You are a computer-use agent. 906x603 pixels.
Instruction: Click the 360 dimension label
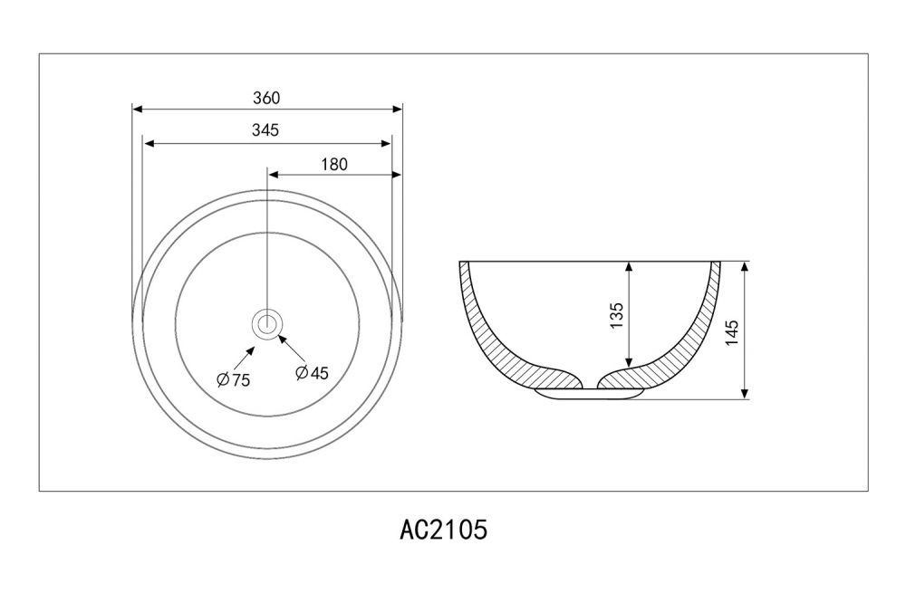coord(266,98)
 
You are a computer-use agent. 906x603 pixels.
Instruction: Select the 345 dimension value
coord(265,130)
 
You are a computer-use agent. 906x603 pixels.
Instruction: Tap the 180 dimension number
coord(334,165)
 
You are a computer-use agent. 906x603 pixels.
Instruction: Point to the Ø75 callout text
coord(234,379)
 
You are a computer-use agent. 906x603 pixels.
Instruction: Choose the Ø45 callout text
coord(312,373)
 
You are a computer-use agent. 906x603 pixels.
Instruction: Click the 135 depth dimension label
coord(616,315)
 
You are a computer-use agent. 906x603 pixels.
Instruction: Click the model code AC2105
coord(444,529)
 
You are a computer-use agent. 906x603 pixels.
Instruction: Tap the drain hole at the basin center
coord(267,323)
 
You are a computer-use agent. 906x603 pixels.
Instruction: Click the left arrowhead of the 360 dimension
coord(138,109)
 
